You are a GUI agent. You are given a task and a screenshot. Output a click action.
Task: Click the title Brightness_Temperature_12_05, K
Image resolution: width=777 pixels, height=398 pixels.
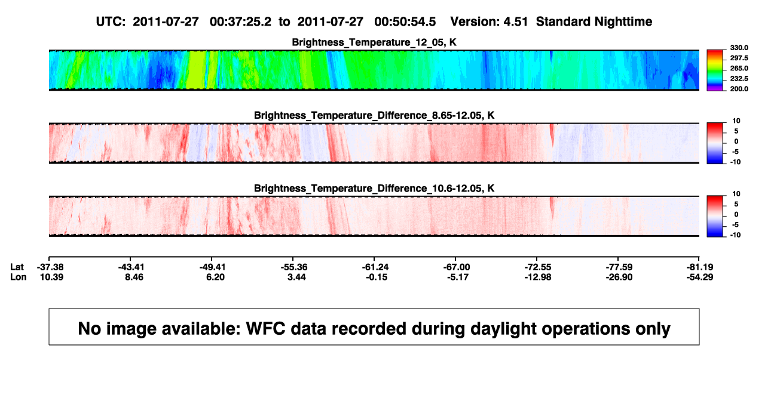tap(374, 42)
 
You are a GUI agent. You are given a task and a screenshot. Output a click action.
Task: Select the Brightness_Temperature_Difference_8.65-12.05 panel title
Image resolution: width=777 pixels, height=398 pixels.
tap(374, 115)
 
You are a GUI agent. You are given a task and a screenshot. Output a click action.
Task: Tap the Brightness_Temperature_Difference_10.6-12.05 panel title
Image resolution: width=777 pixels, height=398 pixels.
tap(374, 189)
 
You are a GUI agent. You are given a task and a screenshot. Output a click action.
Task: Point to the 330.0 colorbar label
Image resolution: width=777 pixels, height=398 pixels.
tap(739, 48)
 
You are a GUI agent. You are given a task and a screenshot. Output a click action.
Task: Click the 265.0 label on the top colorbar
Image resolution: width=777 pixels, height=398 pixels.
tap(739, 68)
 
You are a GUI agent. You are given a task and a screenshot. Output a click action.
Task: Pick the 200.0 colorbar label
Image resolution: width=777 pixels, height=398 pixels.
tap(739, 89)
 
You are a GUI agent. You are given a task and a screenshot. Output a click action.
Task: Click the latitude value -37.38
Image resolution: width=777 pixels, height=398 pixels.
tap(50, 267)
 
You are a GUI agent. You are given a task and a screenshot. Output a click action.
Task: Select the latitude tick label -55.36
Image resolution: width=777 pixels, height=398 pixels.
tap(294, 267)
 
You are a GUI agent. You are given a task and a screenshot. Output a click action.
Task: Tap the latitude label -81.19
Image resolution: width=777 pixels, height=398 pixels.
tap(700, 267)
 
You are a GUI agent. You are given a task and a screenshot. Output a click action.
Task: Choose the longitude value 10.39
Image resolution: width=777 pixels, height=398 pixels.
tap(51, 277)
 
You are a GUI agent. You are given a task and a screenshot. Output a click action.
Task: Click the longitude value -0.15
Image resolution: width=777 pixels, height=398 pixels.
tap(377, 277)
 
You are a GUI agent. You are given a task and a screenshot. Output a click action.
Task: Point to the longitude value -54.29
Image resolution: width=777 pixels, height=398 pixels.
tap(700, 277)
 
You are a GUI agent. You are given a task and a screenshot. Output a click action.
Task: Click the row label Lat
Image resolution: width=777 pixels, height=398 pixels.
tap(17, 267)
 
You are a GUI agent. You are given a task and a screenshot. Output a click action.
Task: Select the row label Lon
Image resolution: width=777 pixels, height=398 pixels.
tap(18, 277)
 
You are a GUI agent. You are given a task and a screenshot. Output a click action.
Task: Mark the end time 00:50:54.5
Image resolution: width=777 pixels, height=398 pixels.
tap(405, 22)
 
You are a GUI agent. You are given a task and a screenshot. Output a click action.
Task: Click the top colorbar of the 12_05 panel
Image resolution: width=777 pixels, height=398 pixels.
tap(715, 70)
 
